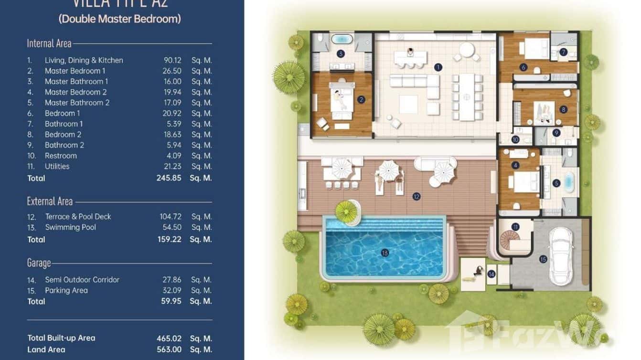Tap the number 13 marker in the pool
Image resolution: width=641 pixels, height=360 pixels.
click(385, 253)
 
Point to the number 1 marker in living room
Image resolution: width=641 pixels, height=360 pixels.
click(438, 67)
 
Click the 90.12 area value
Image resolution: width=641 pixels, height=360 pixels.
click(172, 60)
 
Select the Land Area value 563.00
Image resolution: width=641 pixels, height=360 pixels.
click(169, 349)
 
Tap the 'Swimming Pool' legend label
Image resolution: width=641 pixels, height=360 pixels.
click(70, 227)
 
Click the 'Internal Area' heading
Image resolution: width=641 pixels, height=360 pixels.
click(49, 43)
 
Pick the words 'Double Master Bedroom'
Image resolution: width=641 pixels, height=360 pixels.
click(119, 19)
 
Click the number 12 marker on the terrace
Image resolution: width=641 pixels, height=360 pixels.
click(417, 196)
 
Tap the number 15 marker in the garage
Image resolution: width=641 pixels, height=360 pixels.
click(543, 259)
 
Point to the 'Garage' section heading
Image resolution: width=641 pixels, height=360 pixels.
click(39, 263)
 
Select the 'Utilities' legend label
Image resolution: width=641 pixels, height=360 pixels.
click(57, 166)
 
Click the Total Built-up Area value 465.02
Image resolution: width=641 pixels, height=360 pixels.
click(169, 338)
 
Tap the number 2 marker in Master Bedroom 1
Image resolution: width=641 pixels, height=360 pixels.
click(361, 100)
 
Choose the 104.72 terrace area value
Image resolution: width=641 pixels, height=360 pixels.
click(171, 216)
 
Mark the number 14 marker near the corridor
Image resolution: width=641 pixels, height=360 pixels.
click(491, 274)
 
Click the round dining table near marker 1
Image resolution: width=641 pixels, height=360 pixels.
click(467, 49)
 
